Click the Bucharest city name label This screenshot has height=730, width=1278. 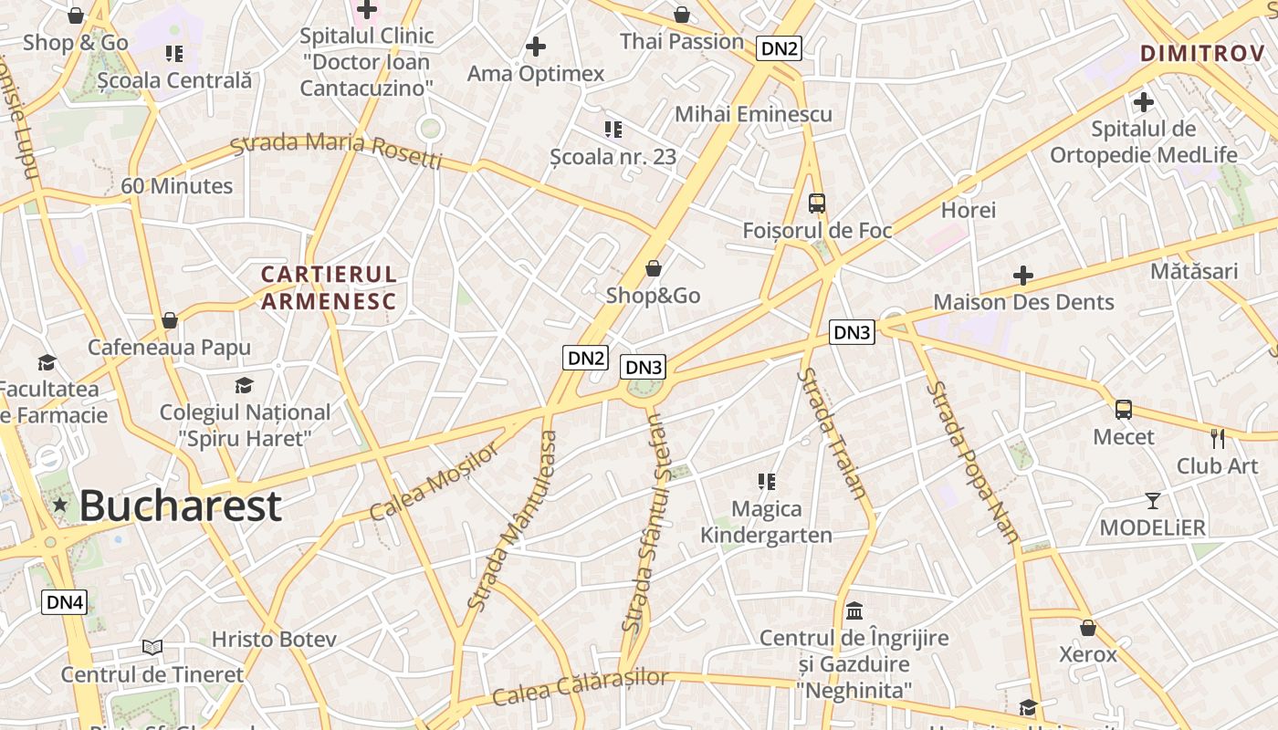(180, 506)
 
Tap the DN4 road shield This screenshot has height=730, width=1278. (65, 602)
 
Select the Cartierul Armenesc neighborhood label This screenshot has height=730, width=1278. (329, 287)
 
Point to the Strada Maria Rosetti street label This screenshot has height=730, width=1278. (336, 151)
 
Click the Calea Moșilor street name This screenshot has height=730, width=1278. (435, 481)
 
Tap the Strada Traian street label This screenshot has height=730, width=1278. (831, 433)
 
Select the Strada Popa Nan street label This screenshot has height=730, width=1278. (972, 462)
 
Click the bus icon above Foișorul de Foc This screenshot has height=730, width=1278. (817, 203)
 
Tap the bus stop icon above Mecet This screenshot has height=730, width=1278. (1124, 410)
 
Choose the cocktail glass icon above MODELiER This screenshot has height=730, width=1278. (1153, 500)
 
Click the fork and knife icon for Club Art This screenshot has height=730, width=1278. (1218, 438)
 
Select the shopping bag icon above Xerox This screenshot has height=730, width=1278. (1087, 628)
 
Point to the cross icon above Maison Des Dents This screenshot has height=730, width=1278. (1023, 275)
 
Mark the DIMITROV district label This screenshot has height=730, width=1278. (1202, 54)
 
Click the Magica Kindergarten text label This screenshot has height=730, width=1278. (766, 522)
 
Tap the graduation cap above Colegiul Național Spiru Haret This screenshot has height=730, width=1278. (244, 385)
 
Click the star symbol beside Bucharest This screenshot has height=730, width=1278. (60, 505)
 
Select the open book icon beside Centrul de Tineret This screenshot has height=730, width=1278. (152, 647)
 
